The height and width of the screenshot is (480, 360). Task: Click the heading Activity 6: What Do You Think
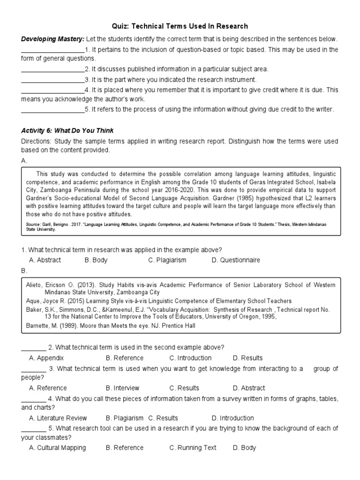(x=67, y=131)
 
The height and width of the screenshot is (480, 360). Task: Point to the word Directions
(x=37, y=141)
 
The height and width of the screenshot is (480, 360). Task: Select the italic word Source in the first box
(x=33, y=225)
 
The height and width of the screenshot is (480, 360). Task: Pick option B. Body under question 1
(x=96, y=260)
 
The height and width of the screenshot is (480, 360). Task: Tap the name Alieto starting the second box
(x=36, y=285)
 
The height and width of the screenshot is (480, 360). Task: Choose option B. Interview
(x=122, y=388)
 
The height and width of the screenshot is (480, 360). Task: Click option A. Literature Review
(x=58, y=418)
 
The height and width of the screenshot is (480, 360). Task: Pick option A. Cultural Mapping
(x=57, y=448)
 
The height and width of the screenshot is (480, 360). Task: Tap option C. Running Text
(x=193, y=448)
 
